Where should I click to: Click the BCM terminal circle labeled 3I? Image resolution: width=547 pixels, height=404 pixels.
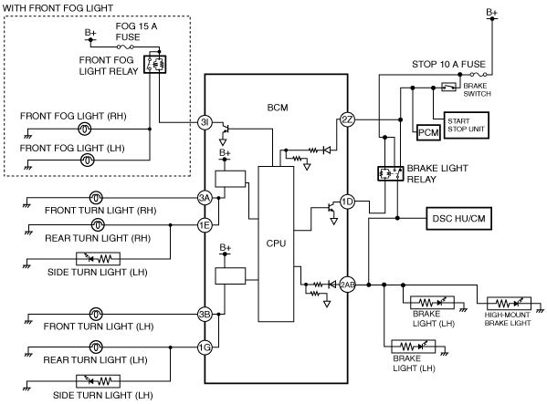(205, 122)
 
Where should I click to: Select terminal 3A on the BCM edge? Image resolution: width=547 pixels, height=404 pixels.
(205, 198)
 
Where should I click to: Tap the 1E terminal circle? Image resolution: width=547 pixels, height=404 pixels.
(205, 225)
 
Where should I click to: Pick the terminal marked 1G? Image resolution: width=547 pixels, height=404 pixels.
(205, 347)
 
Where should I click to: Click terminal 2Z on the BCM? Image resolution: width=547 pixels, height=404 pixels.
(347, 119)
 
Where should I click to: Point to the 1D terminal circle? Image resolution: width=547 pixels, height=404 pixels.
(347, 202)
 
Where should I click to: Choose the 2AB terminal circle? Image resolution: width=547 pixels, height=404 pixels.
(347, 285)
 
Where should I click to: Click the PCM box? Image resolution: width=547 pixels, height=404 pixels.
(428, 133)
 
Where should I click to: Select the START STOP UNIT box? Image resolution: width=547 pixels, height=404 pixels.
(466, 125)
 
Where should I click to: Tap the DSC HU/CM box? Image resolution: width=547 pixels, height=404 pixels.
(458, 219)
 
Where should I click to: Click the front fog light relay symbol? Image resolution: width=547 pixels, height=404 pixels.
(155, 65)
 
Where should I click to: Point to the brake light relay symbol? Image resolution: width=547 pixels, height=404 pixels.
(391, 173)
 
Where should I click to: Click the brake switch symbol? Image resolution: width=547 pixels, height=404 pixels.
(448, 87)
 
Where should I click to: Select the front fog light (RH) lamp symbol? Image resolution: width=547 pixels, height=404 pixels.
(84, 129)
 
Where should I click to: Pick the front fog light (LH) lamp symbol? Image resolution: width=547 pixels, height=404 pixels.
(88, 161)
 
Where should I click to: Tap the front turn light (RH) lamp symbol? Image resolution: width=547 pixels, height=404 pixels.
(96, 198)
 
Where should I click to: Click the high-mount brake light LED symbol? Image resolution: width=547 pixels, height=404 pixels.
(509, 304)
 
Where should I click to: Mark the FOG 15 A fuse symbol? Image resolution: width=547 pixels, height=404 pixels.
(125, 47)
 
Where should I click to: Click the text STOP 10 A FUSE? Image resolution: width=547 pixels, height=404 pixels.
(448, 65)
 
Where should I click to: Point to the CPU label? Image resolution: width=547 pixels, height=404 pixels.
(276, 243)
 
